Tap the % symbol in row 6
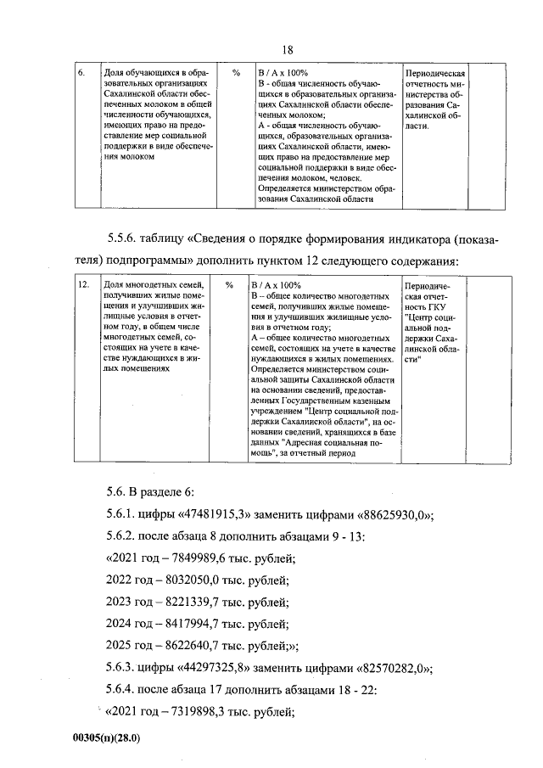(235, 73)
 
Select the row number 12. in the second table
(82, 286)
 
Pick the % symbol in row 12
(229, 286)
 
